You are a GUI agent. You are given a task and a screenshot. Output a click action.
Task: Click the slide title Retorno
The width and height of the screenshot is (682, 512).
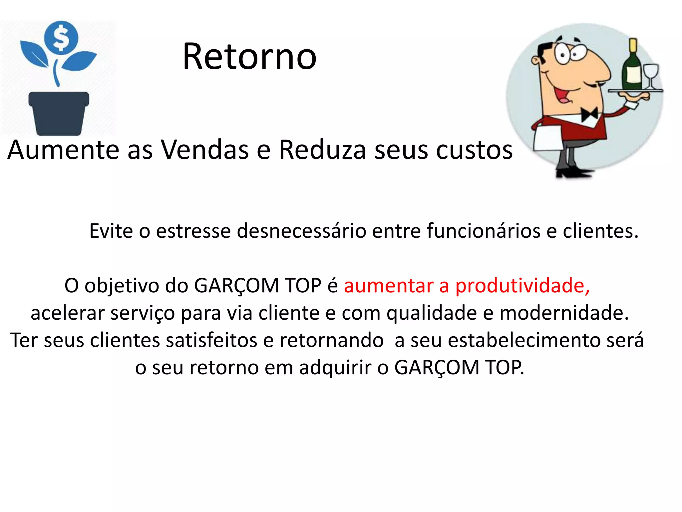pyautogui.click(x=249, y=57)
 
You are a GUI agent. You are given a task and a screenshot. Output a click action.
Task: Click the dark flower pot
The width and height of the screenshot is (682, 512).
pyautogui.click(x=59, y=113)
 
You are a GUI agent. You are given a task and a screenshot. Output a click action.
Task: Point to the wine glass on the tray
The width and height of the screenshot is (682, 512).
pyautogui.click(x=651, y=75)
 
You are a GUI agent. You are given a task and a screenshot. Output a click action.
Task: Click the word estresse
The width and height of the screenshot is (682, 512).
pyautogui.click(x=193, y=231)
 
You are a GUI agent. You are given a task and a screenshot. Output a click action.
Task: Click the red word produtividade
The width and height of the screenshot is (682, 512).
pyautogui.click(x=522, y=286)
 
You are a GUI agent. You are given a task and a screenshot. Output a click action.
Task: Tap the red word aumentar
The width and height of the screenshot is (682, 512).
pyautogui.click(x=388, y=286)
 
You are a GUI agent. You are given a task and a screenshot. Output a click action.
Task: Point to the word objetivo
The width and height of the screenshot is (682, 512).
pyautogui.click(x=122, y=286)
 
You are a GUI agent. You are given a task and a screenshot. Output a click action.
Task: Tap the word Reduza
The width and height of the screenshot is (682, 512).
pyautogui.click(x=322, y=150)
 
